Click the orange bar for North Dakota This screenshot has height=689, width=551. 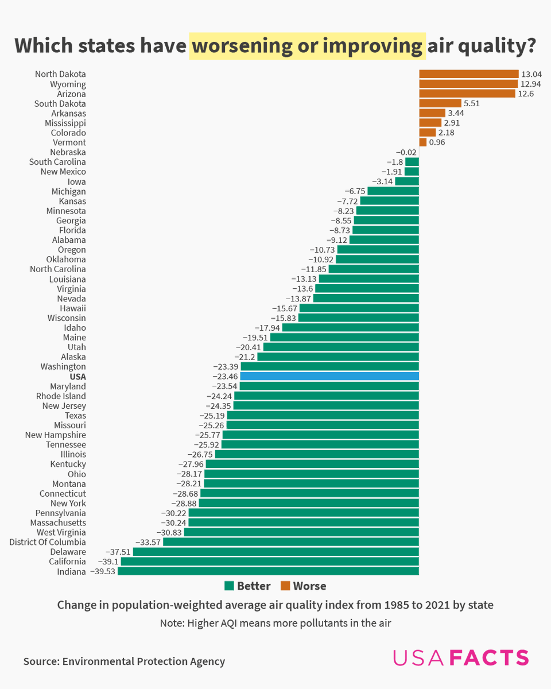[468, 74]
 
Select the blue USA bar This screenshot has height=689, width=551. [329, 376]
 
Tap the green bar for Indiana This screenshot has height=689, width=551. [268, 571]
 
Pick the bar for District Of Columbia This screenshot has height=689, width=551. [291, 542]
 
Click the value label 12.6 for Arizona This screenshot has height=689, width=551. [526, 94]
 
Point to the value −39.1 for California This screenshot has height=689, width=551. [107, 562]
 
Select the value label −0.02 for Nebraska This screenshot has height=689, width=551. [406, 152]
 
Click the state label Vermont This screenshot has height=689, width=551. [69, 142]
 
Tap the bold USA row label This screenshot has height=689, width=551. [77, 377]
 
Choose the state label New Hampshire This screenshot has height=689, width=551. [55, 435]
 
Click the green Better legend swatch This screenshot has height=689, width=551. [230, 586]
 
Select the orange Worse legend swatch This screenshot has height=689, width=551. [285, 586]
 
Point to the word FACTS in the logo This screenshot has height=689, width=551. [489, 658]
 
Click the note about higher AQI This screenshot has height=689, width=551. [275, 623]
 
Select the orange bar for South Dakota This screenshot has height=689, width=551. [432, 103]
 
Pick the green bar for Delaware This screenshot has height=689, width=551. [275, 552]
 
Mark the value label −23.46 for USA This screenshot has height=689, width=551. [225, 377]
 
